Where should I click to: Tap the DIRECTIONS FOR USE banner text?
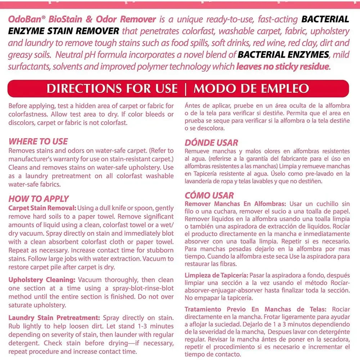coord(112,89)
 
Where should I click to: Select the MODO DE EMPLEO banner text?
coord(251,89)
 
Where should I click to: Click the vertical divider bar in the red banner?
coord(185,89)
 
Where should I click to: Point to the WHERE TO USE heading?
coord(38,141)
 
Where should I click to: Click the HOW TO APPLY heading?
coord(39,199)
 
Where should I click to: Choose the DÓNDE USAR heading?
coord(211,143)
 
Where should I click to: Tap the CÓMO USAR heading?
coord(209,195)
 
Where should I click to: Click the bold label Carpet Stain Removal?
coord(42,208)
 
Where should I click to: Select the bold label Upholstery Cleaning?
coord(42,280)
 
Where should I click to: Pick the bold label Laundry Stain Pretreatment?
coord(54,318)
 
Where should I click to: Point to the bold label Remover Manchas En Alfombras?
coord(235,204)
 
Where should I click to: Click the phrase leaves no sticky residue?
coord(283,67)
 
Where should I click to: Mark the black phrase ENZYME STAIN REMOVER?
coord(64,31)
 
